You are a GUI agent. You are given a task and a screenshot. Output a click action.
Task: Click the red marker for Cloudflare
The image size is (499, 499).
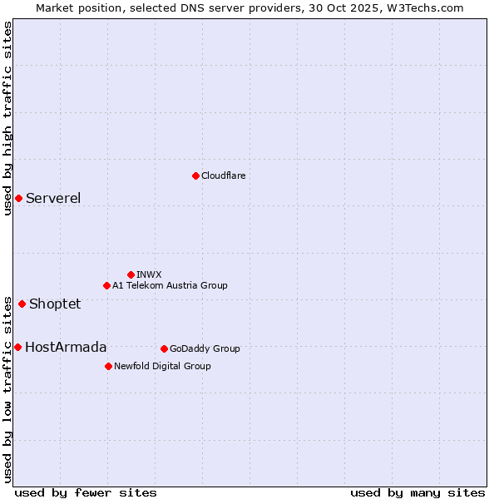[x=195, y=175]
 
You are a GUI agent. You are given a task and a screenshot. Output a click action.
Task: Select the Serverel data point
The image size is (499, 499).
[x=18, y=198]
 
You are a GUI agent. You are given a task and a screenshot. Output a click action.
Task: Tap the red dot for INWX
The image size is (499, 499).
[x=131, y=274]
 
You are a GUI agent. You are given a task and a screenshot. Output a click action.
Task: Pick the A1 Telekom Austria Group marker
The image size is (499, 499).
[x=106, y=285]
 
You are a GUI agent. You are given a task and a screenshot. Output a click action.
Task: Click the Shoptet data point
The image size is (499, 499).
[x=22, y=304]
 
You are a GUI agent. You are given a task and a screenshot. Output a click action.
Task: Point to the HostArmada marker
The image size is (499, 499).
[x=17, y=347]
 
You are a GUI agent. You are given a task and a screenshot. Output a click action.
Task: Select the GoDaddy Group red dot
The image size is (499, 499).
[x=164, y=348]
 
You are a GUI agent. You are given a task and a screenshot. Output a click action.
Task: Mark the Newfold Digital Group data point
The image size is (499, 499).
[x=108, y=366]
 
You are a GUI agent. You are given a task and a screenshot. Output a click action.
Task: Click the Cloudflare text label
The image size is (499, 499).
[x=224, y=175]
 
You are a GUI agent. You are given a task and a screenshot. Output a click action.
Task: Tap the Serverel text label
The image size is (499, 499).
[x=53, y=198]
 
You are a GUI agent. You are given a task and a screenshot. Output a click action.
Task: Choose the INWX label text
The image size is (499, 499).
[x=149, y=274]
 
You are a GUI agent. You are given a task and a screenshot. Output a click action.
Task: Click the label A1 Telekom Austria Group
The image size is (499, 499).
[x=170, y=285]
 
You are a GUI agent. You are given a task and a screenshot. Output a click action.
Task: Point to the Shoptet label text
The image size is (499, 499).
[x=55, y=304]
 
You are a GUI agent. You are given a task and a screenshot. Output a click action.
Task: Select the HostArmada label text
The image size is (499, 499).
[x=66, y=347]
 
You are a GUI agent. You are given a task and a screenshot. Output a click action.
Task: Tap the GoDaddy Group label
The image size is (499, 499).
[x=205, y=348]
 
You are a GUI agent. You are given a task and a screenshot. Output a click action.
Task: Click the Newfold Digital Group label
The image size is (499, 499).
[x=162, y=366]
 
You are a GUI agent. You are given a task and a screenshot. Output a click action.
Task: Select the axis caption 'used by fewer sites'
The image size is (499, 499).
[x=86, y=492]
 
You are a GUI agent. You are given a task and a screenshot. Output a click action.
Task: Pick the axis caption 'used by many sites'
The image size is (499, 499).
[x=417, y=492]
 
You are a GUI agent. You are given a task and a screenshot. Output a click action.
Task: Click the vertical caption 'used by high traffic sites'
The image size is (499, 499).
[x=7, y=118]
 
